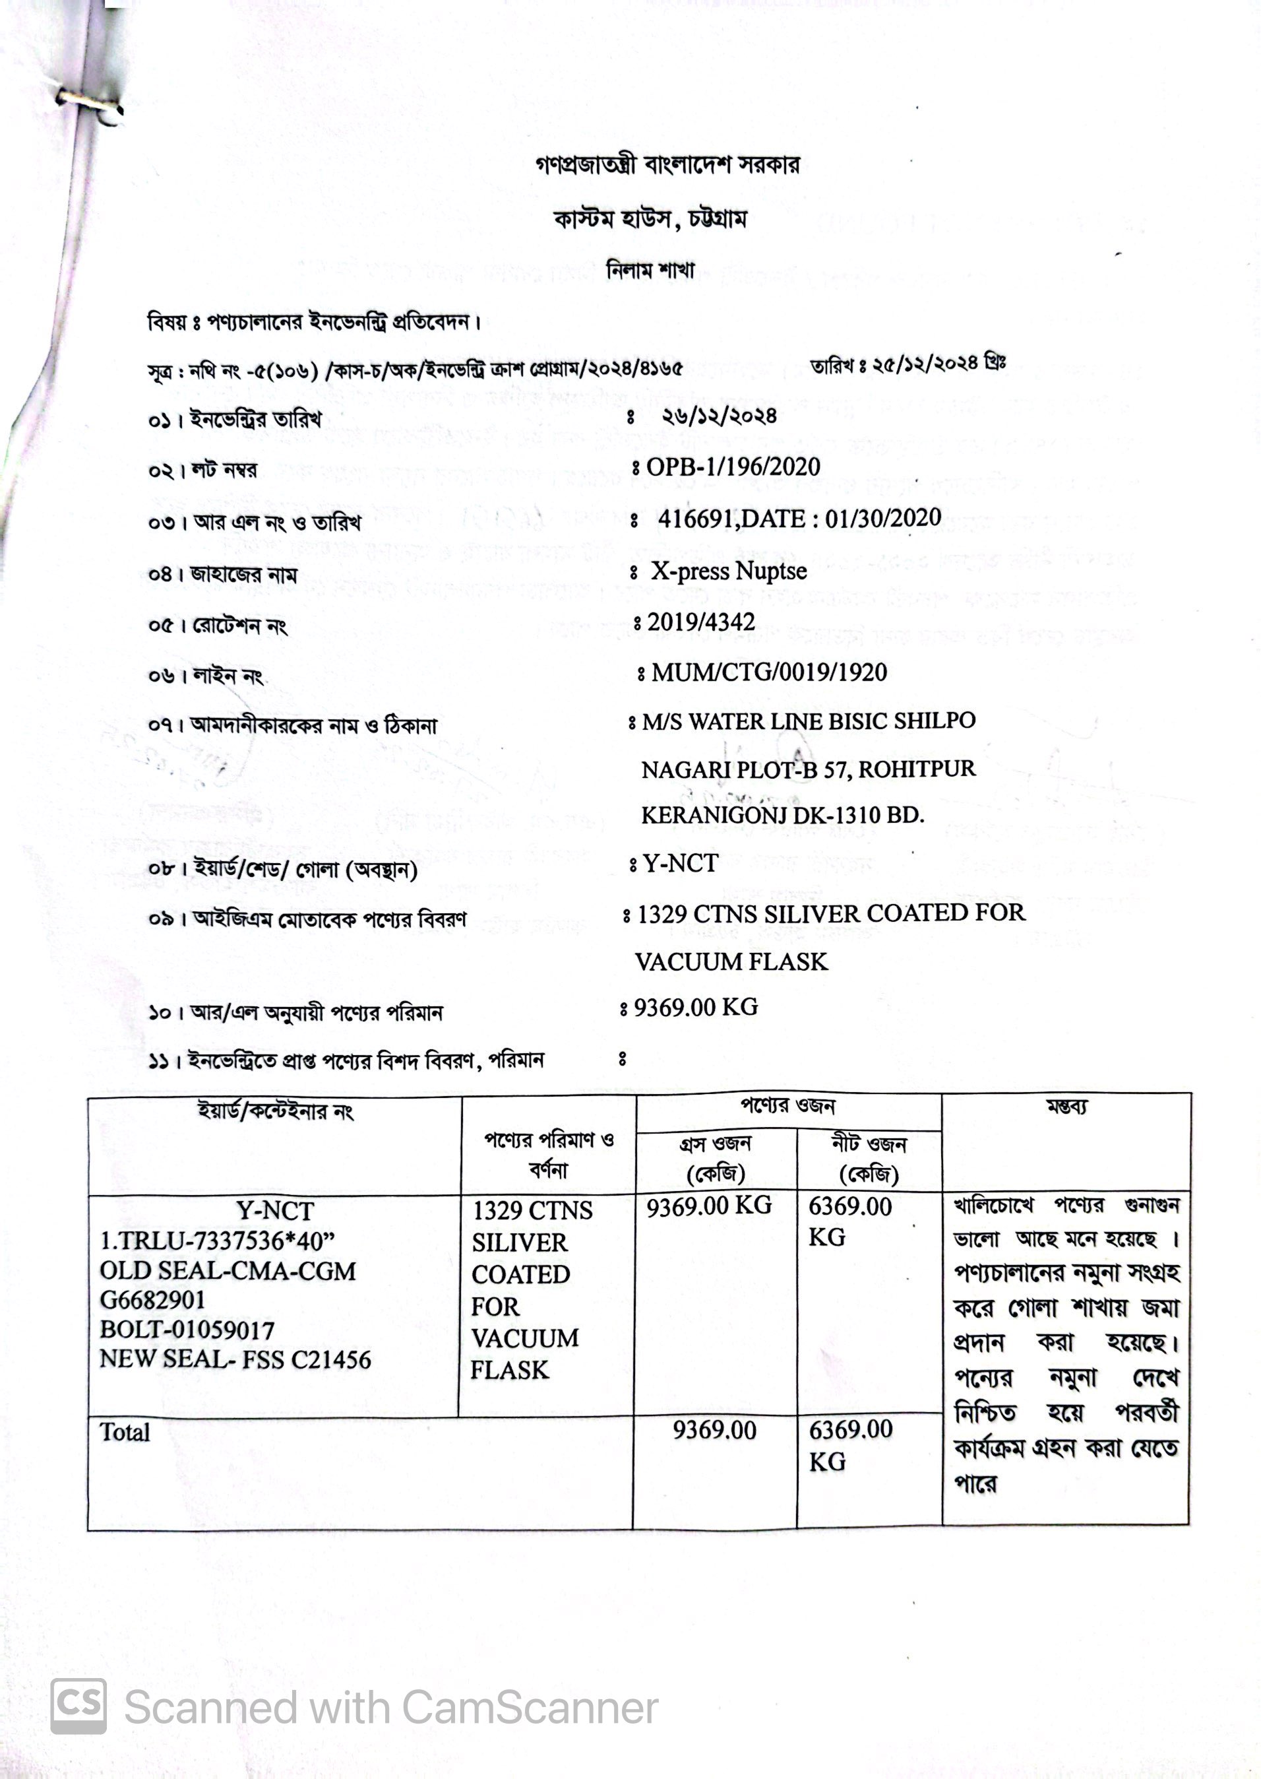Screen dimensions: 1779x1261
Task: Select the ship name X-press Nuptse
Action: coord(728,571)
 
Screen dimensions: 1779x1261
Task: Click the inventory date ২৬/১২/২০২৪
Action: coord(718,416)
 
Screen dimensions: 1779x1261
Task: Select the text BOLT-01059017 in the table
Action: coord(187,1330)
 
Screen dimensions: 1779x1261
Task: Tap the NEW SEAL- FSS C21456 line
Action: coord(235,1359)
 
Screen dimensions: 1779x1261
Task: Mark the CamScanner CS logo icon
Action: coord(78,1706)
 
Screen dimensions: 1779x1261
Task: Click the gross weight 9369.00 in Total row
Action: coord(714,1430)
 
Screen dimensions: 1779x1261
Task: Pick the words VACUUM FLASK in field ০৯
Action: coord(731,961)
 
